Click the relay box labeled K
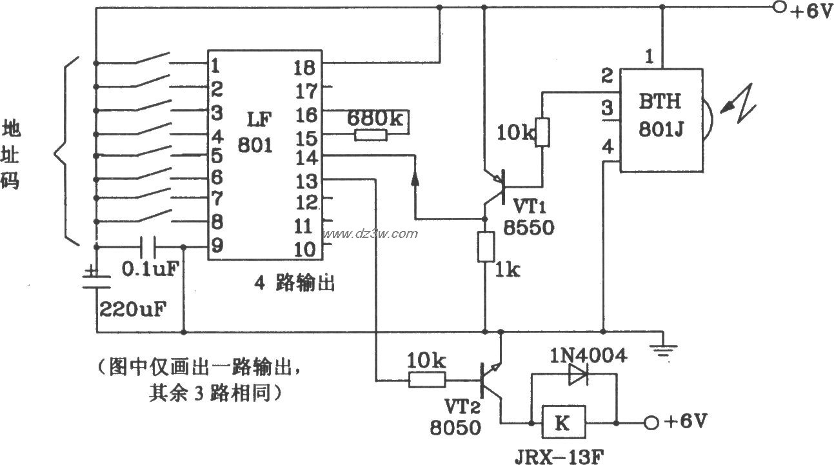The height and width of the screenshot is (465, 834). click(x=564, y=423)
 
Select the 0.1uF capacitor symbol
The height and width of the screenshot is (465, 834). click(x=148, y=247)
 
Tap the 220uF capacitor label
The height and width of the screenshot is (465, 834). click(x=132, y=308)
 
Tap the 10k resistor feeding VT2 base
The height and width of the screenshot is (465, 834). click(x=428, y=381)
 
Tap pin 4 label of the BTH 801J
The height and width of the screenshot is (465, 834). click(x=607, y=148)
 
